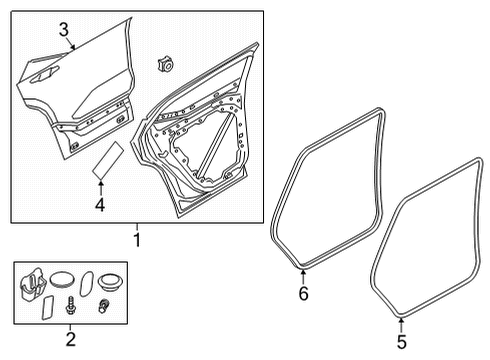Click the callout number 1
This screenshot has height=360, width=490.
coord(138,241)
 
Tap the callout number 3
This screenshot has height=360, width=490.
coord(63,29)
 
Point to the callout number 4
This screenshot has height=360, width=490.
coord(99,206)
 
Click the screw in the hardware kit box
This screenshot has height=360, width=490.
coord(70,302)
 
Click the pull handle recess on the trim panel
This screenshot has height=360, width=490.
coord(43,75)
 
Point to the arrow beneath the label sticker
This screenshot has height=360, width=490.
coord(99,187)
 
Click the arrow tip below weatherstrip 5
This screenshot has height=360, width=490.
coord(399,319)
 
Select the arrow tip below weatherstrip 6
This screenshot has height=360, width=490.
coord(304,271)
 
